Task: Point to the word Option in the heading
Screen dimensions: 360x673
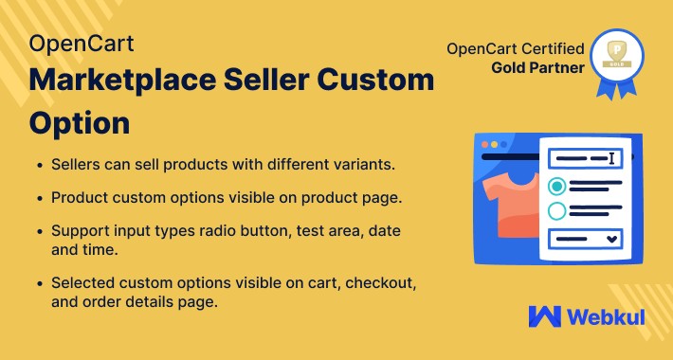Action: point(79,122)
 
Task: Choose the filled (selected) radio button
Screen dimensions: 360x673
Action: point(557,185)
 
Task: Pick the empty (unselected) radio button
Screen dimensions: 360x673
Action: point(557,210)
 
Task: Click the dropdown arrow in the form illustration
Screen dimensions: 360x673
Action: point(611,237)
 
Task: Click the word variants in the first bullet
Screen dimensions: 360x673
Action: point(340,164)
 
